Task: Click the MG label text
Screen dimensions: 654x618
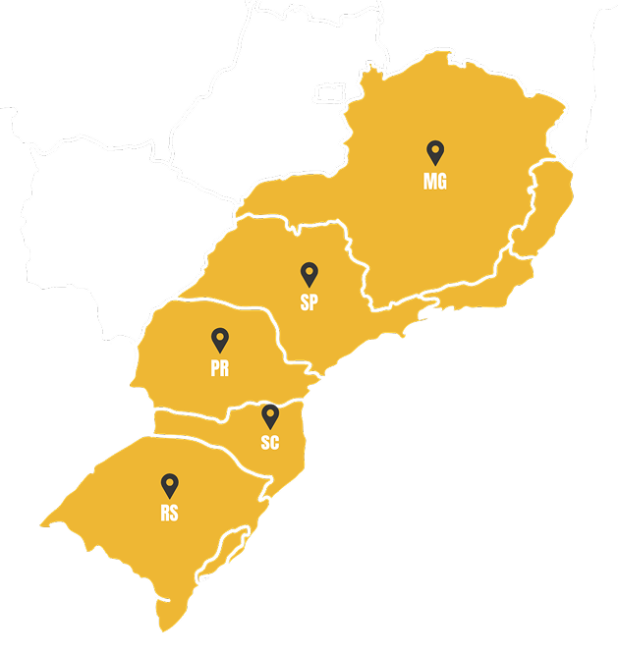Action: click(x=434, y=182)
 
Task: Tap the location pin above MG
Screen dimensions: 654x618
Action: click(x=434, y=152)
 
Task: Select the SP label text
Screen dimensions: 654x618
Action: click(x=309, y=303)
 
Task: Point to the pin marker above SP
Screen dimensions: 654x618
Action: click(x=309, y=274)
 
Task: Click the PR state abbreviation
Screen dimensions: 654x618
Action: click(x=220, y=368)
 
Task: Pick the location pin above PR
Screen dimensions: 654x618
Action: click(x=220, y=340)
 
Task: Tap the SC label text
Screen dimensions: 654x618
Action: click(x=270, y=443)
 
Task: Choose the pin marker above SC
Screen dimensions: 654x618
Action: click(x=270, y=415)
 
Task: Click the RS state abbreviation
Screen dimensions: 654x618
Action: click(x=170, y=513)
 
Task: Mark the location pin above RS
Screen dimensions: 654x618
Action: click(x=170, y=484)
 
